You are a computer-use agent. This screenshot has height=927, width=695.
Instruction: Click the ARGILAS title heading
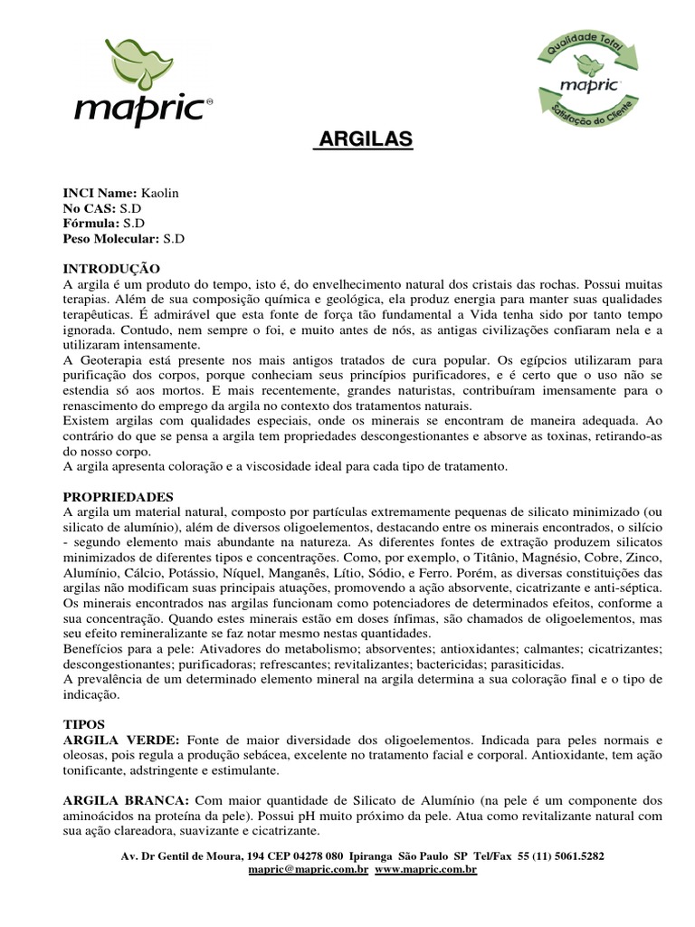pos(363,139)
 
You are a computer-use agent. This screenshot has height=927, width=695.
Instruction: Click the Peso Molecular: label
pos(110,239)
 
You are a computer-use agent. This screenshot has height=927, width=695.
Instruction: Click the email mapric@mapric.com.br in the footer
pos(308,869)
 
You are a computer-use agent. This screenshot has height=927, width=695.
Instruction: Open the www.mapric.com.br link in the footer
pos(425,869)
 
